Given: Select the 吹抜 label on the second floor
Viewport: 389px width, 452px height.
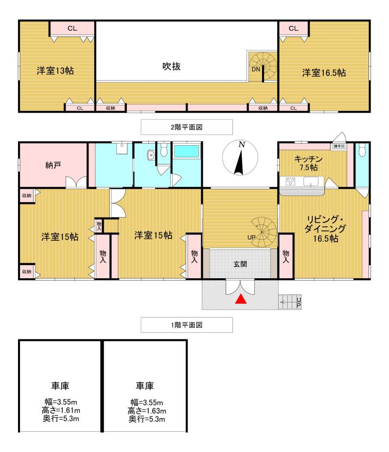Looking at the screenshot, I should point(171,67).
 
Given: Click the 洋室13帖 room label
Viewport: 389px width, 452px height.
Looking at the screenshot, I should point(55,71).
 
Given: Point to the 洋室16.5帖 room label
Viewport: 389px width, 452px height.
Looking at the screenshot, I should point(324,73).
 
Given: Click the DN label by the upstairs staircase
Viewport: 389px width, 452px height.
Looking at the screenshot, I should point(256,69).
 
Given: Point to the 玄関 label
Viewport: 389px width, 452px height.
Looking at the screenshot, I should point(240,265).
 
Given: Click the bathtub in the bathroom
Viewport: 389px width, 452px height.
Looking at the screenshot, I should point(187,151).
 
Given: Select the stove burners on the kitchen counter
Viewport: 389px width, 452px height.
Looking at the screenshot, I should point(291,182).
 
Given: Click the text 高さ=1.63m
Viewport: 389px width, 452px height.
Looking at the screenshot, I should point(145,410).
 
